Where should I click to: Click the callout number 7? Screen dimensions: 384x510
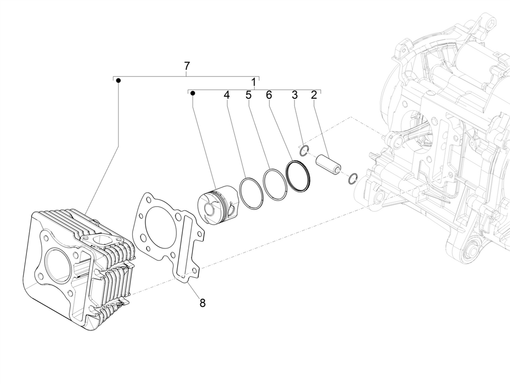[186, 65]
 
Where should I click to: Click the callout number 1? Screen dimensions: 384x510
[254, 82]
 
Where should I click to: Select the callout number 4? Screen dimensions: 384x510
[226, 95]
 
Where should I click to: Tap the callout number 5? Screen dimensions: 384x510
[249, 95]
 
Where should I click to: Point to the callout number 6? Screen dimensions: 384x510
[268, 95]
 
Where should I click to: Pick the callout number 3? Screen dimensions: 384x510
[294, 95]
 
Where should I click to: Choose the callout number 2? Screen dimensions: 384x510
[314, 95]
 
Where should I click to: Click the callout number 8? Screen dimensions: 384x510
[202, 303]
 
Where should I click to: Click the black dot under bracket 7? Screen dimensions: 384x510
[118, 81]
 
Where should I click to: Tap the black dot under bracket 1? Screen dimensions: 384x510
[193, 94]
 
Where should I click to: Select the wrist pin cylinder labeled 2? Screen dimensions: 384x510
[328, 163]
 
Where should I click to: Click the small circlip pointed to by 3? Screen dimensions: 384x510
[304, 151]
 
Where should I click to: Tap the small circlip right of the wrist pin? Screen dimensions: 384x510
[353, 178]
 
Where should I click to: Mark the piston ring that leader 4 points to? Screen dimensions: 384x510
[251, 193]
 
